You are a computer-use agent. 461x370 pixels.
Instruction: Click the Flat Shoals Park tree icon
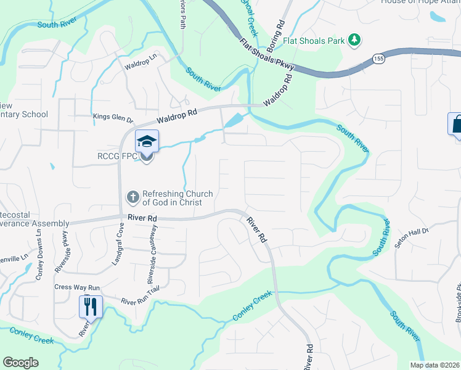click(x=354, y=40)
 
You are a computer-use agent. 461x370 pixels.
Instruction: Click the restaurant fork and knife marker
click(x=91, y=306)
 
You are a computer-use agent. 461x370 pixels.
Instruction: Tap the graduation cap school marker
click(x=147, y=141)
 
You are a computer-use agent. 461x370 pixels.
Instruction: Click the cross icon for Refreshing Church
click(x=133, y=197)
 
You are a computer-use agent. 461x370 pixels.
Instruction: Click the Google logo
click(x=20, y=363)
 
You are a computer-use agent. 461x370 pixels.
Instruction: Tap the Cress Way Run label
click(x=77, y=287)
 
